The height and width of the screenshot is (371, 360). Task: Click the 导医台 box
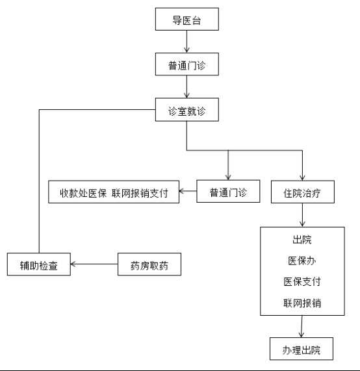coord(187,19)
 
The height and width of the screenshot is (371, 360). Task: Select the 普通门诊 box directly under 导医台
coord(187,64)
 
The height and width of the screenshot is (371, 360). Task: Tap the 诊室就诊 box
coord(187,110)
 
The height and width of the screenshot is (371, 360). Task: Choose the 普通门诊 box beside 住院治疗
coord(228,192)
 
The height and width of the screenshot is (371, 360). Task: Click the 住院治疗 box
coord(303,192)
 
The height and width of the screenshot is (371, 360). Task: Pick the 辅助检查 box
coord(39,264)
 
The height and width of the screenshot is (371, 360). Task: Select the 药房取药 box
coord(149,264)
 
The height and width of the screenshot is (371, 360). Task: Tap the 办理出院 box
coord(302,349)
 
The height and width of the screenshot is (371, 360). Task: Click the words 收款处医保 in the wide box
coord(83,193)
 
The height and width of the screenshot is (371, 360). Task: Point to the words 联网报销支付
coord(140,193)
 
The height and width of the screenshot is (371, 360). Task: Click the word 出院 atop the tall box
coord(302,240)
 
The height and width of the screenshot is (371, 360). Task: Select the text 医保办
coord(302,261)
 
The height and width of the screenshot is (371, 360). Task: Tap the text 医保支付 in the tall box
coord(302,281)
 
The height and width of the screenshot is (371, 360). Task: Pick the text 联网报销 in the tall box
coord(302,303)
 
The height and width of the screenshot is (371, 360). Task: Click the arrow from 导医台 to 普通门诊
coord(186,42)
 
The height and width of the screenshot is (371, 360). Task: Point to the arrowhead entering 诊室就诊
coord(186,96)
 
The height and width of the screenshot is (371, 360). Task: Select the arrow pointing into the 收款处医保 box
coord(188,191)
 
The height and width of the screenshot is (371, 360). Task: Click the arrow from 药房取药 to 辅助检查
coord(94,264)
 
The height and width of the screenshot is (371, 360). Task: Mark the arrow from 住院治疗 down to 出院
coord(302,215)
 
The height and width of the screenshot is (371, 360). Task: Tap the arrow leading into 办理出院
coord(302,326)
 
